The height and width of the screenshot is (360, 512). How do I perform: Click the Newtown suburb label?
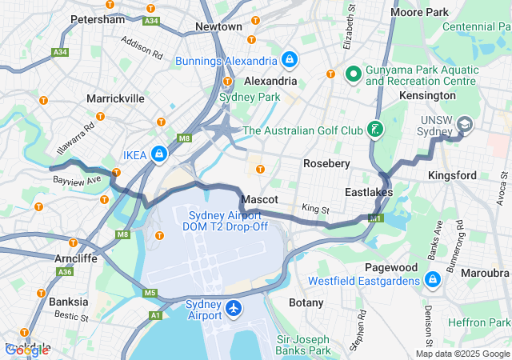click(218, 26)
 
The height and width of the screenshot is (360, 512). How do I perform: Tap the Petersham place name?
click(98, 18)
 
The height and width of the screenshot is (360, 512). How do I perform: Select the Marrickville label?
click(116, 98)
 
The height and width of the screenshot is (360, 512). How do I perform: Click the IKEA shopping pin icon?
click(160, 153)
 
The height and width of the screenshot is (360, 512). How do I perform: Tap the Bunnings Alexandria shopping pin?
click(289, 60)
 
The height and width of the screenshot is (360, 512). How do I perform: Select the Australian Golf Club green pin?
click(374, 130)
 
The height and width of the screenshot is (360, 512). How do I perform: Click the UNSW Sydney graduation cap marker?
click(465, 125)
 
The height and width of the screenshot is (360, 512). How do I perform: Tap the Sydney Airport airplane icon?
click(234, 308)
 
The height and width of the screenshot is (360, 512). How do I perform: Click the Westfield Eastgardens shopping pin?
click(432, 280)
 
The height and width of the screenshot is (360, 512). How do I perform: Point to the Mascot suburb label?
click(260, 198)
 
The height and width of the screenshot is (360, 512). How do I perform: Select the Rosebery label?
click(326, 163)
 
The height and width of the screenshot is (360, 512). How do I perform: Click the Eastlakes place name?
click(370, 193)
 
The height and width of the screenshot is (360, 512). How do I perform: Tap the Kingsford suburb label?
click(453, 174)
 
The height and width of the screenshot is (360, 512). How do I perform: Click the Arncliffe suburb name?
click(77, 258)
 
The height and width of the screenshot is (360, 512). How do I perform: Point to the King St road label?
click(315, 209)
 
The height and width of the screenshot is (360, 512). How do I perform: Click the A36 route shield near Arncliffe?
click(64, 272)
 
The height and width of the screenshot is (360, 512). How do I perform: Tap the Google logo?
click(26, 350)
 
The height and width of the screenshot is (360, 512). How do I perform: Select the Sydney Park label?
click(250, 97)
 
